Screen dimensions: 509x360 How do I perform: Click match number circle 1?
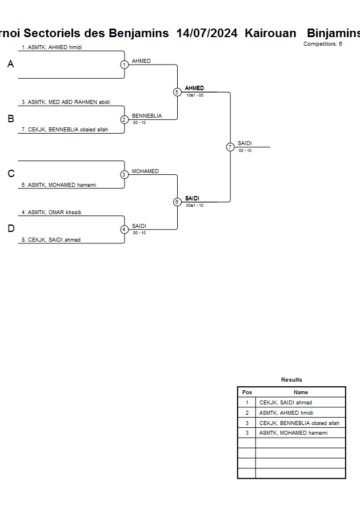[124, 65]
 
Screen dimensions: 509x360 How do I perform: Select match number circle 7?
[230, 147]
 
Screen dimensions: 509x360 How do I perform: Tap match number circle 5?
[177, 92]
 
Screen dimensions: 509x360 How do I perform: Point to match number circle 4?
[124, 230]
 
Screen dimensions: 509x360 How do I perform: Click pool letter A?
[10, 65]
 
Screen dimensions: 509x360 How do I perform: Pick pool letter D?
[10, 229]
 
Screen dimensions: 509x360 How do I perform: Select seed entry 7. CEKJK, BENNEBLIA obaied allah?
[65, 130]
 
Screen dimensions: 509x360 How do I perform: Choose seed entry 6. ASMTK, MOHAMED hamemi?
[58, 185]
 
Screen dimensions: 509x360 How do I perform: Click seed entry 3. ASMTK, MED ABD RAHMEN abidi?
[65, 102]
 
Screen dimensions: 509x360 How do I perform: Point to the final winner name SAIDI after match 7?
[245, 143]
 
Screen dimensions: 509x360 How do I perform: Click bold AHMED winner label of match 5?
[194, 88]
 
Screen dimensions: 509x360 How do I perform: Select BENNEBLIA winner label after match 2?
[147, 116]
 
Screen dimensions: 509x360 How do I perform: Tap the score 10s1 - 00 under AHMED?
[195, 95]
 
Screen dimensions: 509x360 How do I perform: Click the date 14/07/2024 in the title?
[207, 33]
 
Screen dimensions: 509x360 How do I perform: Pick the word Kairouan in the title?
[270, 33]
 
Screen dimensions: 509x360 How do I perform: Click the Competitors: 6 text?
[323, 44]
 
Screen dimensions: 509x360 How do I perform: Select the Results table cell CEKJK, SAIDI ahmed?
[286, 403]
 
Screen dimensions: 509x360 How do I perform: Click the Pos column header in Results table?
[247, 392]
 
